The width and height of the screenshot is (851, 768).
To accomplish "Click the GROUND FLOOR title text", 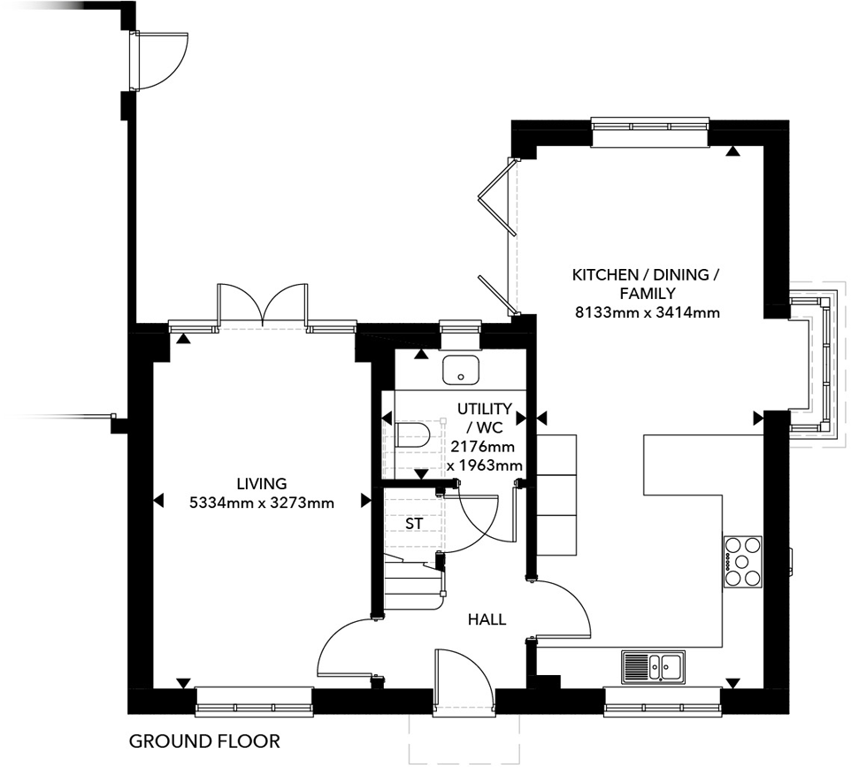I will tap(204, 741).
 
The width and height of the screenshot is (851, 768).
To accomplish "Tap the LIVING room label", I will tap(262, 484).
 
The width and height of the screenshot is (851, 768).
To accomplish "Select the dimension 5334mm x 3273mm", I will tap(262, 503).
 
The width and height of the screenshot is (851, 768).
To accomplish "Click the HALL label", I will tap(487, 619).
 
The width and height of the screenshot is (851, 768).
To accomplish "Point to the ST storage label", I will tap(414, 523).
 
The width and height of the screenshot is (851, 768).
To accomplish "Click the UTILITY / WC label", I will tap(484, 417).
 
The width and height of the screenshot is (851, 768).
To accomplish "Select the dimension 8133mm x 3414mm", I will tap(647, 312).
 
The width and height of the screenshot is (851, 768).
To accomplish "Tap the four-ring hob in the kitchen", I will tap(743, 562).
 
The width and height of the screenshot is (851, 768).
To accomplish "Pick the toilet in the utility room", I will tap(412, 434).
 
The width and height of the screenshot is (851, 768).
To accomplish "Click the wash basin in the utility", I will tap(460, 370).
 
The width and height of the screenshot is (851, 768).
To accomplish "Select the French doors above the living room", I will tap(263, 306).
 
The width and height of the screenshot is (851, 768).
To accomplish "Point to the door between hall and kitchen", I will tap(562, 611).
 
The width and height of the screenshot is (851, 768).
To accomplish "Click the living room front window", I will tap(255, 701).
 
